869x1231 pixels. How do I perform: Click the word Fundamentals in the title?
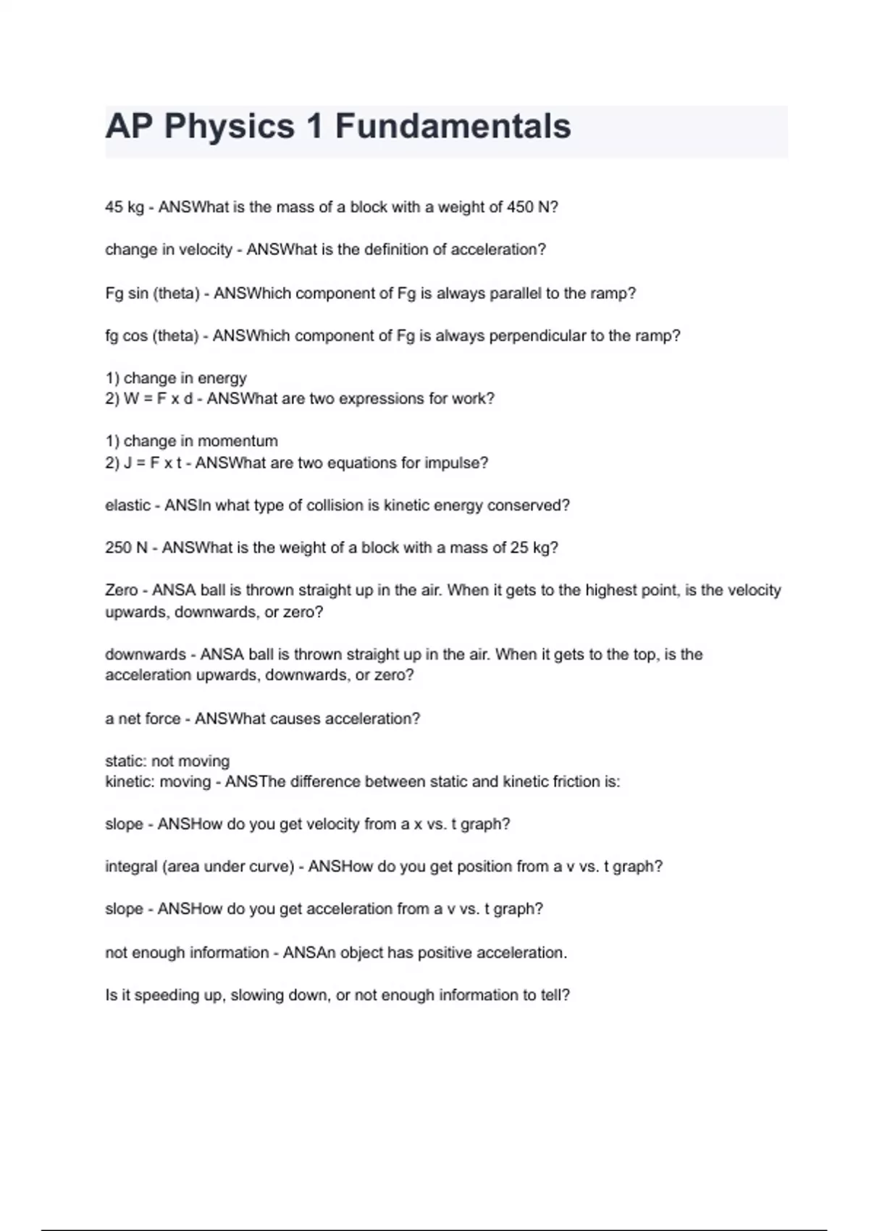[x=453, y=126]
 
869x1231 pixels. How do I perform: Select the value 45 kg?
[x=125, y=207]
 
